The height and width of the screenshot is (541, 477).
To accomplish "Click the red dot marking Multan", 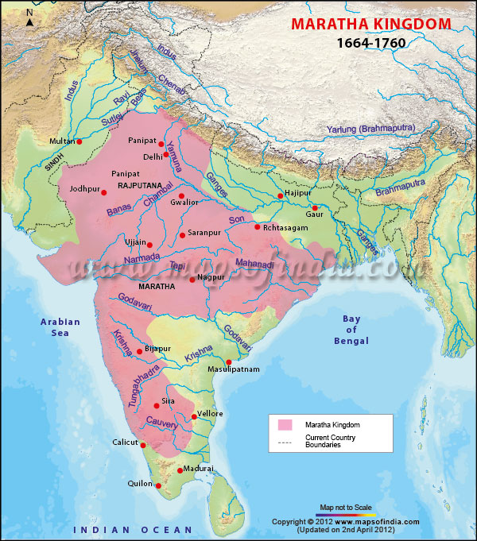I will coord(79,141).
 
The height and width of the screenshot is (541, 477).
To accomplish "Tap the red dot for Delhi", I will coord(166,155).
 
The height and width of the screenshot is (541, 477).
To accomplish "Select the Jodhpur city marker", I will coord(103,192).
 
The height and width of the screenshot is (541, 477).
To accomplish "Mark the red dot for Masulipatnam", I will coord(228,362).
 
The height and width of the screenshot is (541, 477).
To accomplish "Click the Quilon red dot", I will coord(158,485).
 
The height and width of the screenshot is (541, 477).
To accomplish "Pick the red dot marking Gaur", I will coord(315,208).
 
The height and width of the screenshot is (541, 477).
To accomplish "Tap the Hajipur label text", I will coord(297,192).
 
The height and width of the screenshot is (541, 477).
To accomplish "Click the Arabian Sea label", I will coord(61,327).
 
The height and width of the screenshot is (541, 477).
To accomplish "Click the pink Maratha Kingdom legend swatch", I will coord(285,425).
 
